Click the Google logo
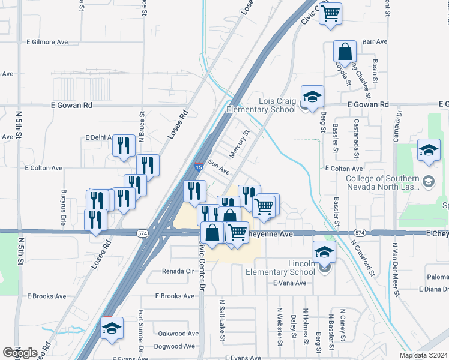(x=20, y=353)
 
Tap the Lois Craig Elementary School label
(x=261, y=105)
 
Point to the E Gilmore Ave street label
(x=47, y=42)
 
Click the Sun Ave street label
(x=219, y=167)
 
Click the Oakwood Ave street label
(x=178, y=334)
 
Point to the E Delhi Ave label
(x=98, y=137)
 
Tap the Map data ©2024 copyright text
(x=423, y=355)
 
